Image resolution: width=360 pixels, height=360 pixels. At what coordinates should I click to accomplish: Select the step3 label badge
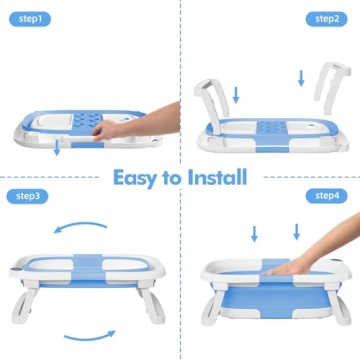point(30,196)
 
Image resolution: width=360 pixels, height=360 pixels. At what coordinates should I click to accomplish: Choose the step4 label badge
point(327,196)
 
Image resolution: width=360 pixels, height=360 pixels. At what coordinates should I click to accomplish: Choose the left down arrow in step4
point(254,235)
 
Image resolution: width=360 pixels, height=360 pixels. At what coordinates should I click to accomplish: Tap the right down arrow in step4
point(295,235)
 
